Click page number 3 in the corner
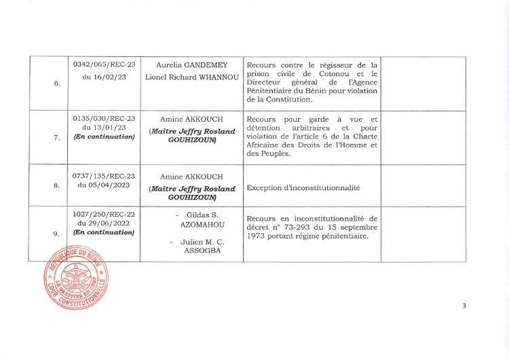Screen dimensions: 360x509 pyautogui.click(x=464, y=306)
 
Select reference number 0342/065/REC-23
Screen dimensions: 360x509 pyautogui.click(x=104, y=65)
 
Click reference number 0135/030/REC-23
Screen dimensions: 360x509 pyautogui.click(x=104, y=117)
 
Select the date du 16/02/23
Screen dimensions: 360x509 pyautogui.click(x=104, y=77)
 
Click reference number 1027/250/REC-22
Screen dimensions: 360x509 pyautogui.click(x=104, y=213)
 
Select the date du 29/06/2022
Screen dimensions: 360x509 pyautogui.click(x=104, y=223)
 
